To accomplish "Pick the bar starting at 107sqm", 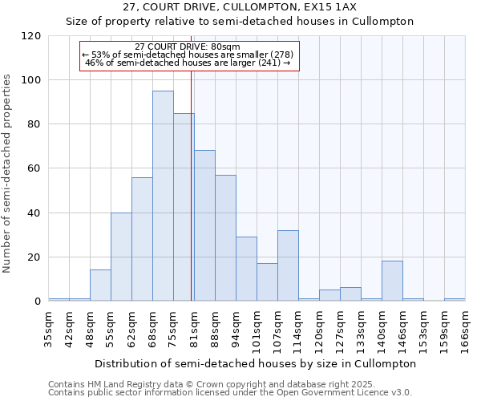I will click(x=288, y=265).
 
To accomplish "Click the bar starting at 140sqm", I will click(x=392, y=281).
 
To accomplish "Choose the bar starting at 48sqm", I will click(x=100, y=286).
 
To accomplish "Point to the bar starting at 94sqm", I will click(x=246, y=269).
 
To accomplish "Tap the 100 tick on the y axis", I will click(x=33, y=80).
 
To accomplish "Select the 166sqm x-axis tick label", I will click(x=465, y=330).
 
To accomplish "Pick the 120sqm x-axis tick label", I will click(x=320, y=330).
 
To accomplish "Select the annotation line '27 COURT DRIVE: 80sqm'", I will click(x=188, y=47).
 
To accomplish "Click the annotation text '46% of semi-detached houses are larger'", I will click(x=188, y=63).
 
